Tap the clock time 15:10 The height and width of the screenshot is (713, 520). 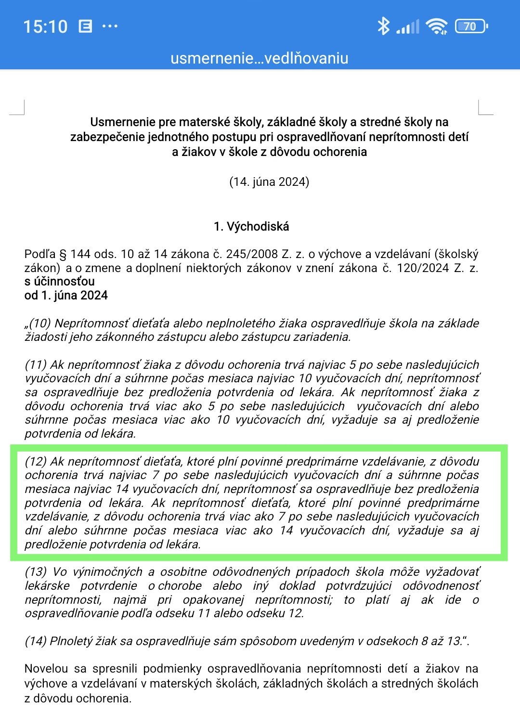45,26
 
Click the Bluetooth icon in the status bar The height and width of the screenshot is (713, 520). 383,26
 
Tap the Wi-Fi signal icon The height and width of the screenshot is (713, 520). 437,26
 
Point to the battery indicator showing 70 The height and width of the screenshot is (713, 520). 471,26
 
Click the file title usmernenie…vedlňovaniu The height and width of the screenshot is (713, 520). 259,58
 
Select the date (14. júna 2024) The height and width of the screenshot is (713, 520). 269,181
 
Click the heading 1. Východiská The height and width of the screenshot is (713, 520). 251,226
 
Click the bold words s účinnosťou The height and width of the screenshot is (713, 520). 59,281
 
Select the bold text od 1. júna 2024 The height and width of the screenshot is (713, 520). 66,295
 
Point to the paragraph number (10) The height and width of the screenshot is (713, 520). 40,323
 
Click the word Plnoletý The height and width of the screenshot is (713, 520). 72,641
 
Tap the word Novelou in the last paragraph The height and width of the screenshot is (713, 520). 46,668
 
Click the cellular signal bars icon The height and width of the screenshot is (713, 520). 408,27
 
